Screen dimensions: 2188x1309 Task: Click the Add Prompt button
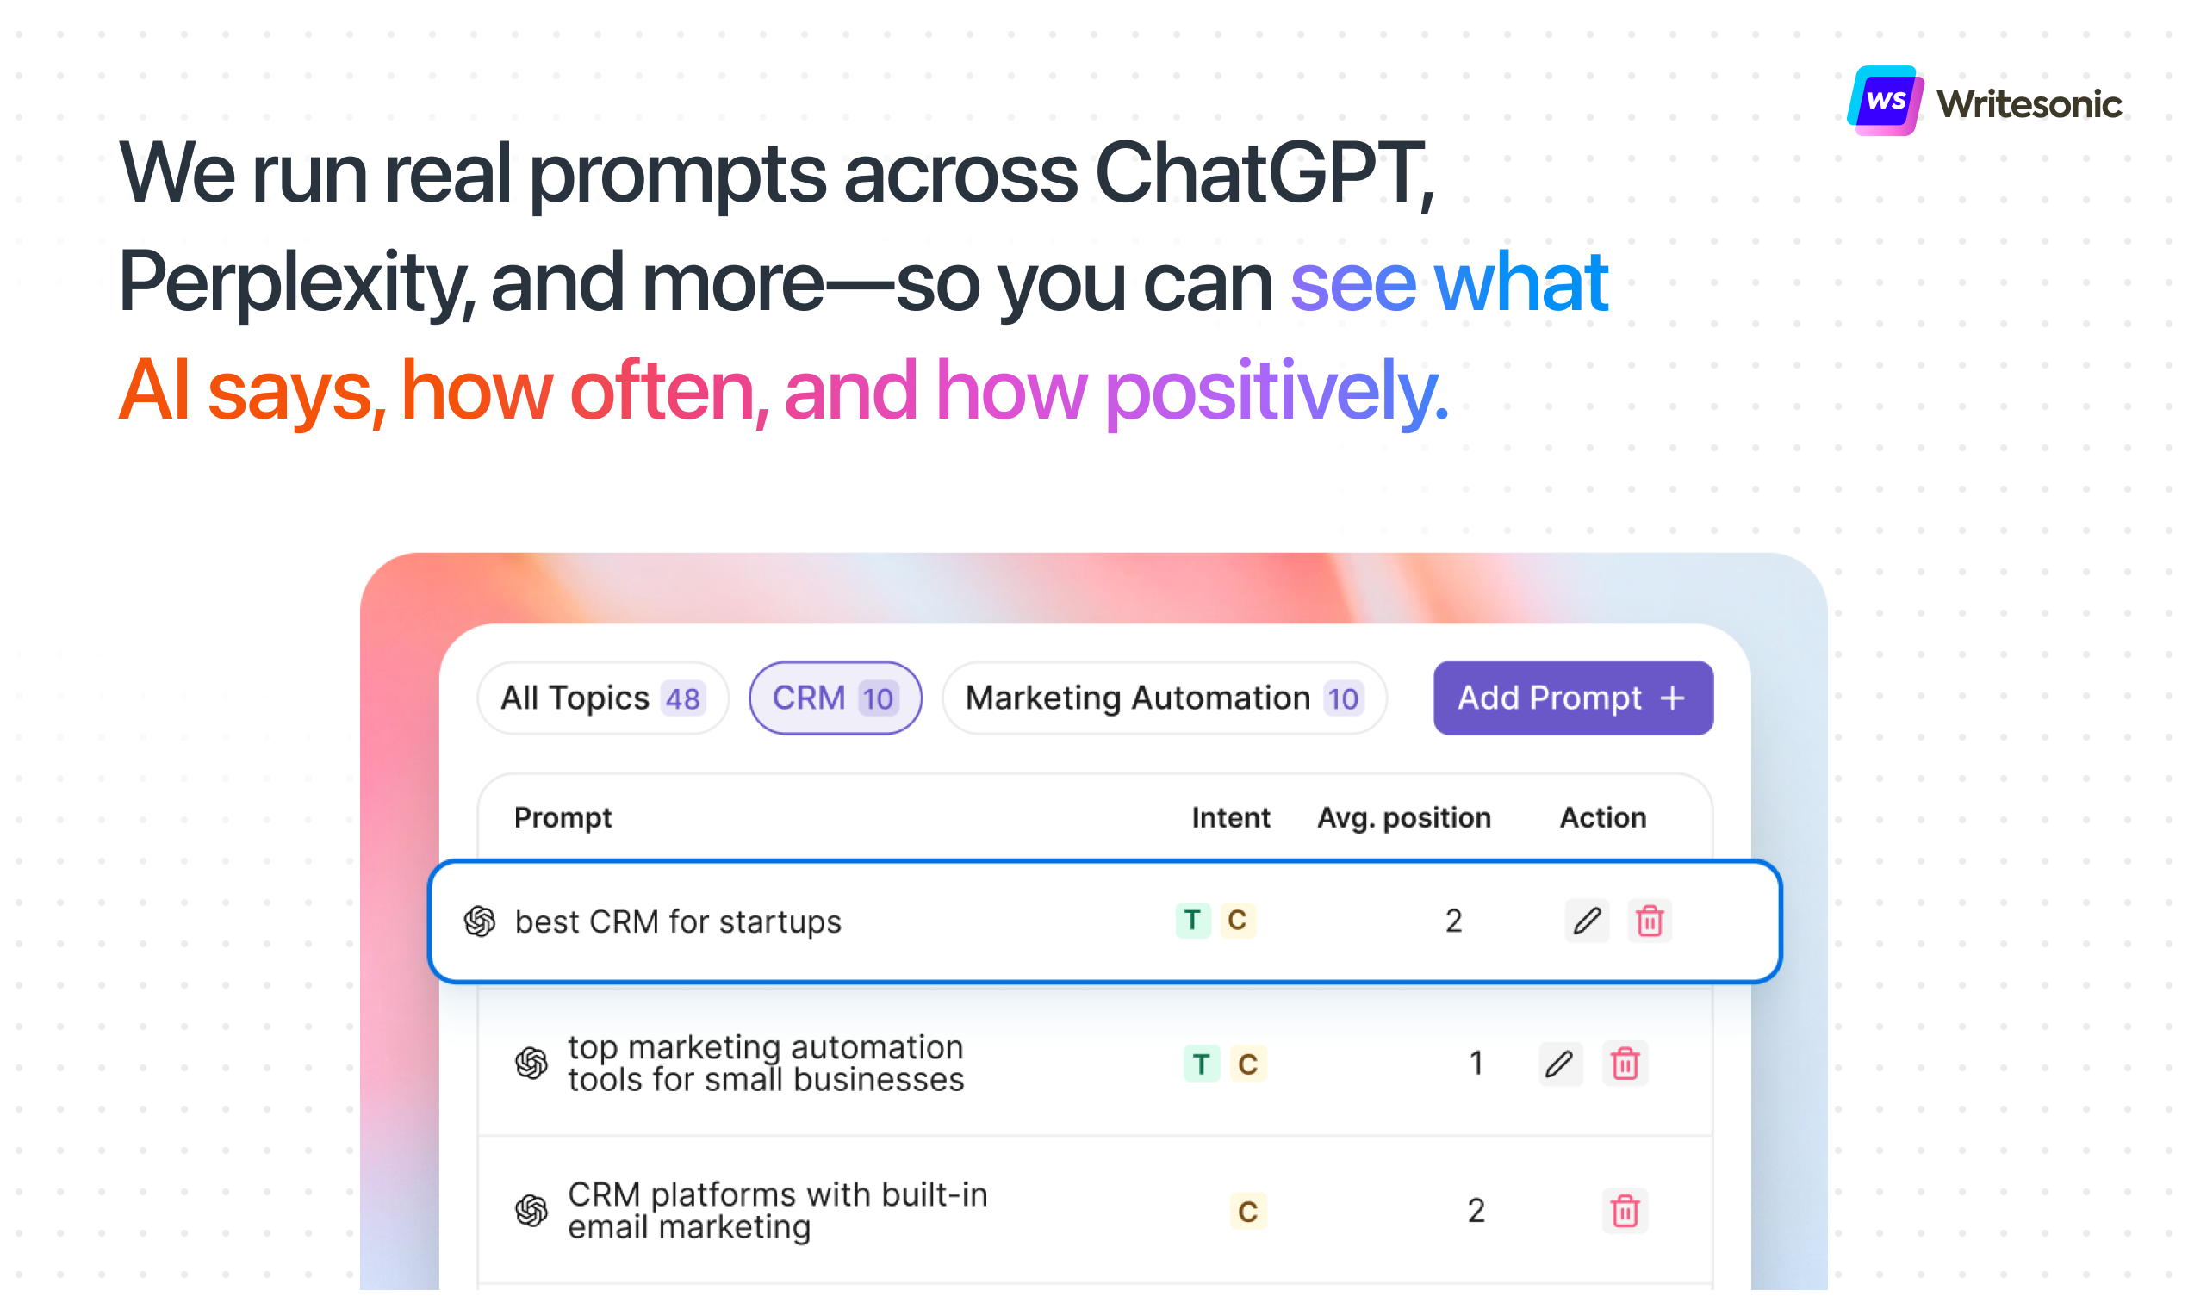click(1573, 698)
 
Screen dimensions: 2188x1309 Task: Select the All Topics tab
click(604, 698)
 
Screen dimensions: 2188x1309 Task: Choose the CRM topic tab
click(836, 698)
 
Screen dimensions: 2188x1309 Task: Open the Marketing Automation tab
click(1165, 698)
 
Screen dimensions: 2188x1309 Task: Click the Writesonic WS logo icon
click(1886, 101)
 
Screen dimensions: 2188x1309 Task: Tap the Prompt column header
click(563, 817)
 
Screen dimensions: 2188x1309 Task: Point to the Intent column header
click(1231, 817)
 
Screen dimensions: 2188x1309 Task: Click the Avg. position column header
click(1403, 817)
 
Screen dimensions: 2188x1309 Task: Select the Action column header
click(1603, 817)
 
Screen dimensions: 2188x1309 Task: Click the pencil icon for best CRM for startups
click(1588, 921)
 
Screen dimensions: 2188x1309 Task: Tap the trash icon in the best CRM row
click(1650, 921)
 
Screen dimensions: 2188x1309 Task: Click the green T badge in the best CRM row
click(1193, 921)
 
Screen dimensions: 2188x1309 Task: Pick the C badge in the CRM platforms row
click(1247, 1211)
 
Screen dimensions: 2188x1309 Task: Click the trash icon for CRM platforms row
click(1625, 1211)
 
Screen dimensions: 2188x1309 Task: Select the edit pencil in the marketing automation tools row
click(1561, 1064)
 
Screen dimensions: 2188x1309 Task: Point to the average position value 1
click(1476, 1064)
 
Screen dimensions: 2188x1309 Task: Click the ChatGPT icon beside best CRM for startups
click(480, 921)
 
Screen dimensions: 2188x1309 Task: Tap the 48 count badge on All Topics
click(683, 698)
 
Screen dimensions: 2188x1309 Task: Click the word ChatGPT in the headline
click(1265, 173)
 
